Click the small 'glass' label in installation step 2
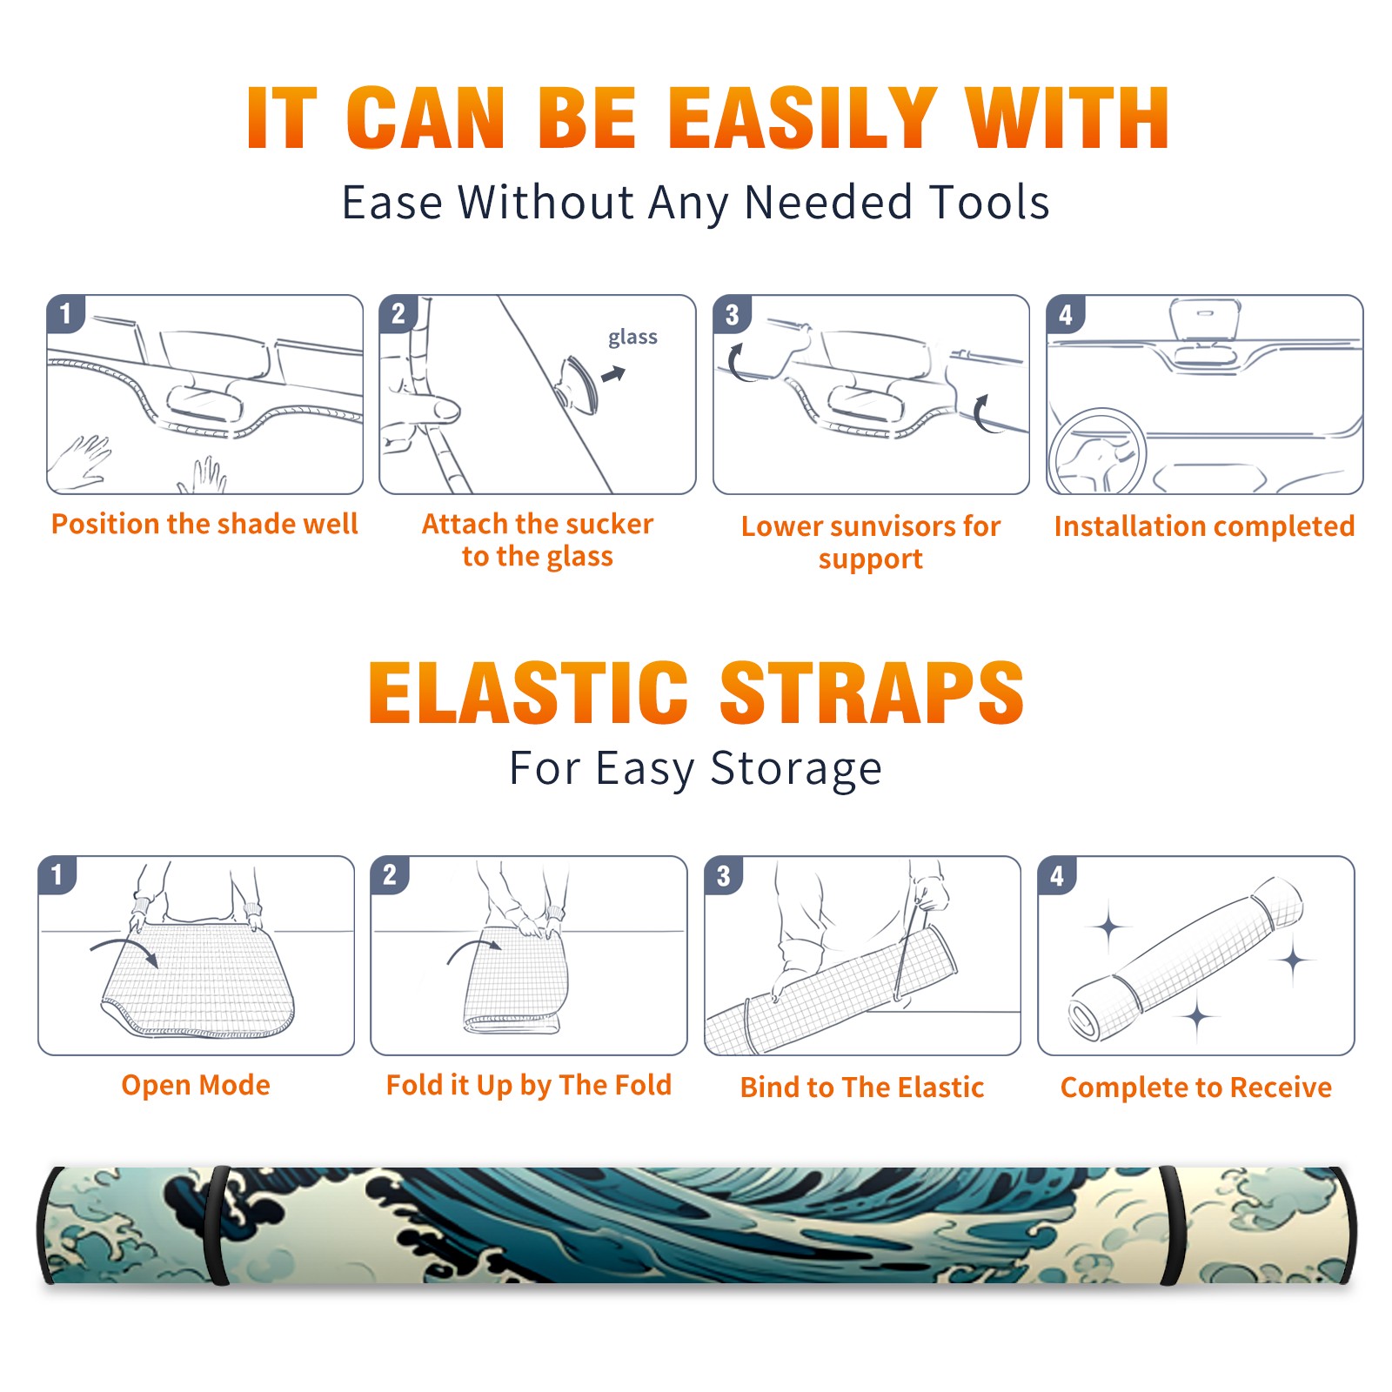[x=632, y=338]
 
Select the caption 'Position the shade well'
[x=204, y=524]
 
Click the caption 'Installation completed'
[x=1204, y=526]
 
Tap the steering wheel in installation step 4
[x=1097, y=452]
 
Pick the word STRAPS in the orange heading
[x=872, y=693]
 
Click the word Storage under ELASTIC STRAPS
[x=796, y=769]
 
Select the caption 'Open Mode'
[x=196, y=1085]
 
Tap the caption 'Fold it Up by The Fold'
[x=529, y=1085]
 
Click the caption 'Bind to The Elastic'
[x=862, y=1087]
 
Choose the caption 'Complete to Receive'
[x=1196, y=1087]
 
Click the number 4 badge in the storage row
[x=1057, y=875]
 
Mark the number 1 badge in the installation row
[x=65, y=314]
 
